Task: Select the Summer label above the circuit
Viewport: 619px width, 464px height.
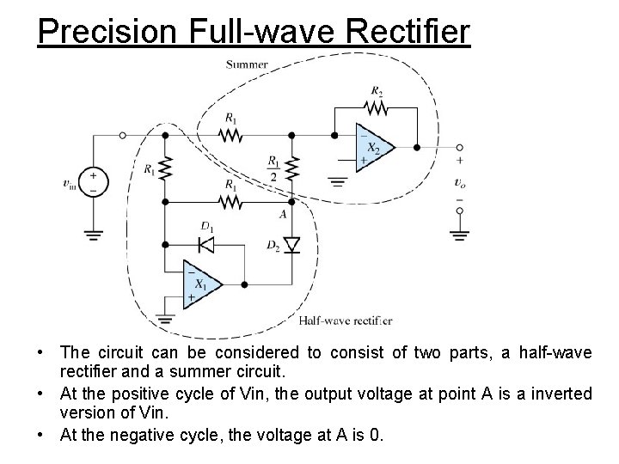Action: [x=247, y=64]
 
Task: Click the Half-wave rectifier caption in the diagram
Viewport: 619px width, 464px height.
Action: [x=346, y=321]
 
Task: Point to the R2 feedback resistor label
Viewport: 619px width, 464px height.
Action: [x=377, y=90]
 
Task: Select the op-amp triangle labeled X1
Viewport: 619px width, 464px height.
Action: [x=199, y=283]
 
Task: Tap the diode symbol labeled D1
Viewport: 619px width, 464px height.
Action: [x=206, y=245]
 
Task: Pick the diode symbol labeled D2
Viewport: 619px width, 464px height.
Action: [x=292, y=246]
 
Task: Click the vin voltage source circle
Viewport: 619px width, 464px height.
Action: [x=93, y=181]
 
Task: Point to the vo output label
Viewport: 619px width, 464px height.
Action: [x=462, y=182]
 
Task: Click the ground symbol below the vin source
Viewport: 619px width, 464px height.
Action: [x=93, y=233]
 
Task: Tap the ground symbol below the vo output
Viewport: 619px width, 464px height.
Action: [x=461, y=234]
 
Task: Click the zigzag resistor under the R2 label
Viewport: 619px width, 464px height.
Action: [x=377, y=108]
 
